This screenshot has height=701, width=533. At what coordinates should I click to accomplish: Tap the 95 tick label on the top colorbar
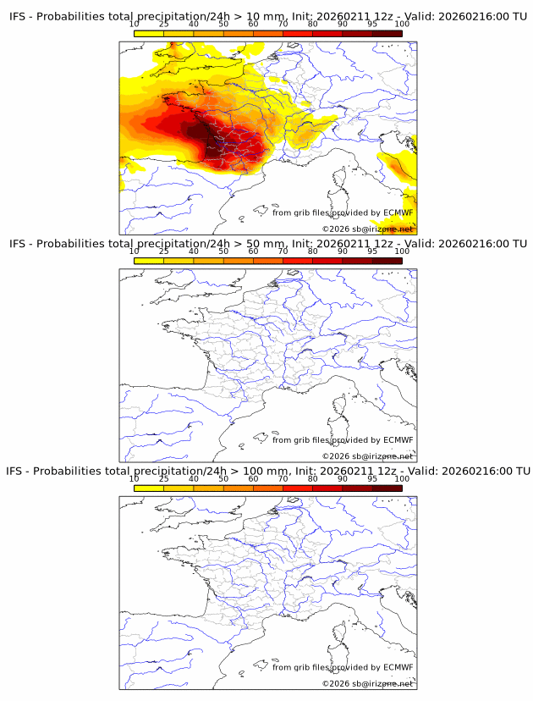tap(372, 24)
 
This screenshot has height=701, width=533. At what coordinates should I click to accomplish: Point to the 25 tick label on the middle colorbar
tap(164, 251)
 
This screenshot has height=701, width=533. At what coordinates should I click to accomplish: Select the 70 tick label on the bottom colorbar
tap(283, 478)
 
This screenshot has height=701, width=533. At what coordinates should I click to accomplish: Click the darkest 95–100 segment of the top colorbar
tap(387, 33)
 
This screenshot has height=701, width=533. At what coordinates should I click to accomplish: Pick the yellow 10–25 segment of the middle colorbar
tap(149, 260)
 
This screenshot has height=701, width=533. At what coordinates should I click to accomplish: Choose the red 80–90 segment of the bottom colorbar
tap(327, 487)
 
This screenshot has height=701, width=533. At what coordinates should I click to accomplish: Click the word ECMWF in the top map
tap(398, 213)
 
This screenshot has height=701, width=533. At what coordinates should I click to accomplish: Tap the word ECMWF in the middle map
tap(398, 439)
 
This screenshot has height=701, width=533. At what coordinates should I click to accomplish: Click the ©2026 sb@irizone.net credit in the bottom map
tap(367, 682)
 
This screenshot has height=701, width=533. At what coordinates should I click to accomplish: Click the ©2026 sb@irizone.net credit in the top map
tap(367, 229)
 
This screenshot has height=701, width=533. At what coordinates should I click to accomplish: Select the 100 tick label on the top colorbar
tap(402, 24)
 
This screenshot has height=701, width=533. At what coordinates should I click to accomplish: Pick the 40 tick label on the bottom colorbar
tap(194, 478)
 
